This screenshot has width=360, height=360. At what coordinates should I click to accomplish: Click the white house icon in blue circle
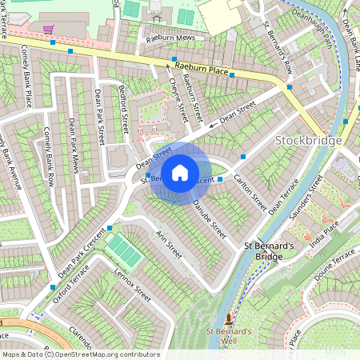pos(180,172)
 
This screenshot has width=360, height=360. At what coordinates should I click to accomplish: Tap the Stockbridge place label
pos(308,141)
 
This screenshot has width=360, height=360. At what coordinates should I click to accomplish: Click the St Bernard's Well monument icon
pos(230,318)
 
